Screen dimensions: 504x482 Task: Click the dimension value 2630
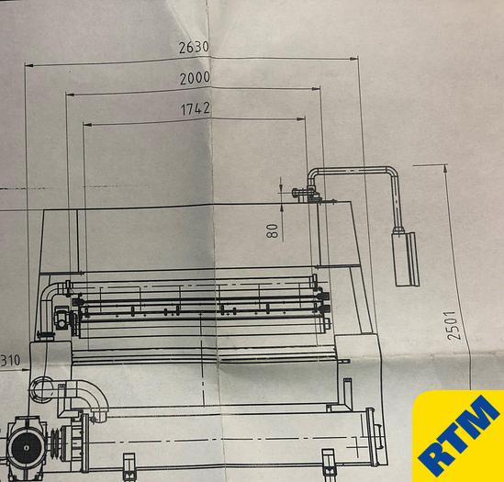194,48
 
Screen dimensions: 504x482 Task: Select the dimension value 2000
195,78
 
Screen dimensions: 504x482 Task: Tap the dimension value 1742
196,108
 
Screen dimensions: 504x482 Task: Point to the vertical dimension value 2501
454,325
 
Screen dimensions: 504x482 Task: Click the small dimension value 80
272,230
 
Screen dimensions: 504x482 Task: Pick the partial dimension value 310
10,361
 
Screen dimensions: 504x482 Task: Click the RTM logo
458,436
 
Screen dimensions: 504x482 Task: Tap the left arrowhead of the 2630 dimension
29,65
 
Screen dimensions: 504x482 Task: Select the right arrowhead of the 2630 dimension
353,59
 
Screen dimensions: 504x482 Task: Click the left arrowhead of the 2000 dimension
70,95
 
